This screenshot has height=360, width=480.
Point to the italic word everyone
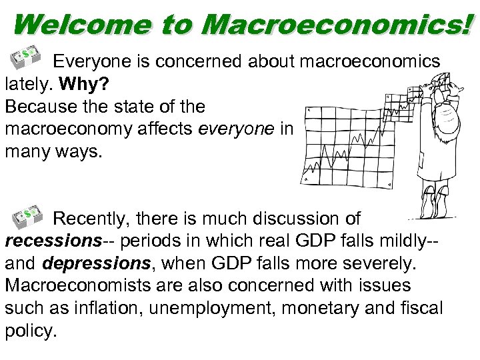click(236, 129)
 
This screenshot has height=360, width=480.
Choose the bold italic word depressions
click(93, 263)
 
